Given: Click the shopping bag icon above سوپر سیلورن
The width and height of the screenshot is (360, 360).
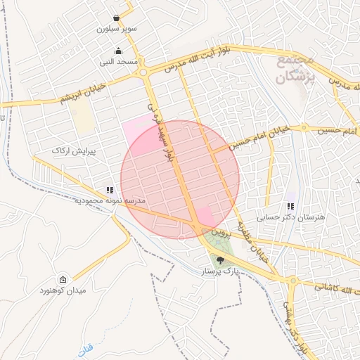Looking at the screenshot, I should [116, 18].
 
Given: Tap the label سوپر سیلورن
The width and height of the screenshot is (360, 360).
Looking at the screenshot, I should [115, 30].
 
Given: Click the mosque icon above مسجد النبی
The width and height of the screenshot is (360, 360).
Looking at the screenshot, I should [117, 51].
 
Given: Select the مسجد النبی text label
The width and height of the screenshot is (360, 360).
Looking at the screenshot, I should [117, 62].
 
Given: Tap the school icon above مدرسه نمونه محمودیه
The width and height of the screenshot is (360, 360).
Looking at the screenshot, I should [109, 190].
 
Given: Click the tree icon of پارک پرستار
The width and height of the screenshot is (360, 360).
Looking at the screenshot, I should [221, 260].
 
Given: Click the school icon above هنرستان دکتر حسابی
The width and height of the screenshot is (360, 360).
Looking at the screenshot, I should [290, 206].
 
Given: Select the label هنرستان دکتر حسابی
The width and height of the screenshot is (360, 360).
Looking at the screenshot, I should [291, 217].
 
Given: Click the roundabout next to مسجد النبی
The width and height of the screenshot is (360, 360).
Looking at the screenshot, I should [143, 72].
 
